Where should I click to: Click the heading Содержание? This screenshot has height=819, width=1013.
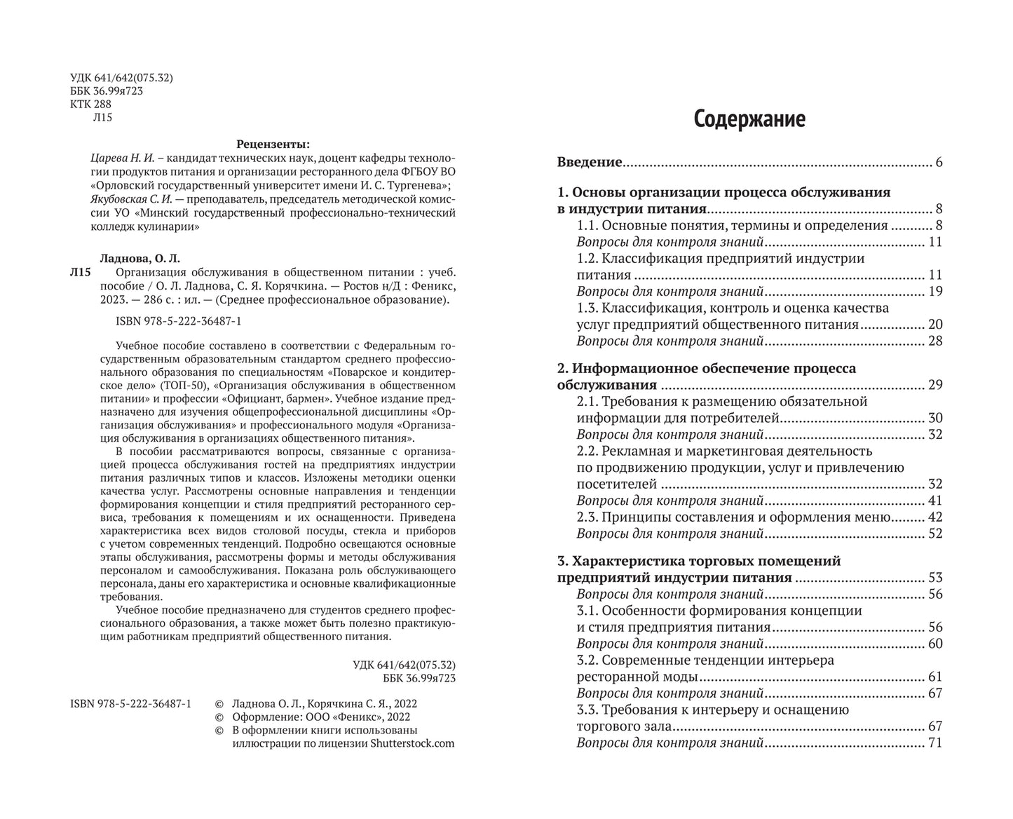(749, 119)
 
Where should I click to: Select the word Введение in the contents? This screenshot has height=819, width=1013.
(589, 163)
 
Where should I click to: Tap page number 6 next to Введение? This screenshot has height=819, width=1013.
(938, 163)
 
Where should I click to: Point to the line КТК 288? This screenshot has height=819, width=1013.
(91, 104)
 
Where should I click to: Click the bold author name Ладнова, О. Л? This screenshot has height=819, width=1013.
(136, 257)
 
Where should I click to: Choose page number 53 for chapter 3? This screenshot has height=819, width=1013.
(934, 578)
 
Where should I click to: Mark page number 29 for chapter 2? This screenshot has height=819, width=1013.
(934, 385)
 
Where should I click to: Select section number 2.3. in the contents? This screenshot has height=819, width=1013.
(588, 517)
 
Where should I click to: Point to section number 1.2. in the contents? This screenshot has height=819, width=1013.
(588, 259)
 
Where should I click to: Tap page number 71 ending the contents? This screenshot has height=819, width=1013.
(934, 743)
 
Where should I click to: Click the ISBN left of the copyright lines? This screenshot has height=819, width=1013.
(131, 703)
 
